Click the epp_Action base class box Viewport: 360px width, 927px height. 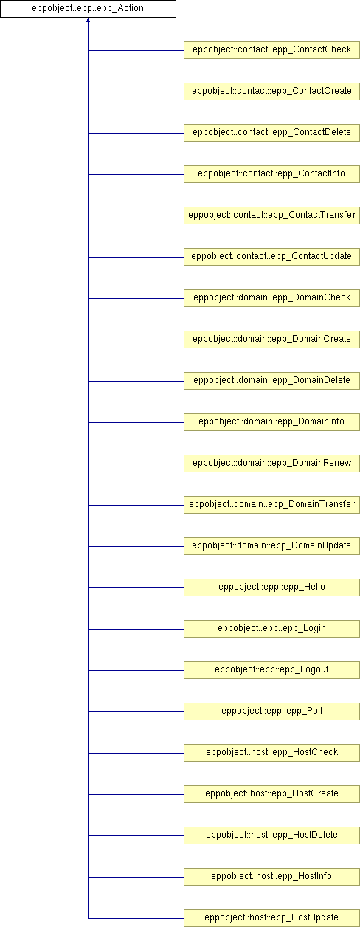click(x=88, y=9)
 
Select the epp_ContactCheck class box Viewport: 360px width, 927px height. click(x=272, y=50)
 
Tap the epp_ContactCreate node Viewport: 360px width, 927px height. click(x=272, y=92)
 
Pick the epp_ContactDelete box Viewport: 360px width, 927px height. click(x=272, y=133)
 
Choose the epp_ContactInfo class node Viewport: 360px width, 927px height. click(x=272, y=174)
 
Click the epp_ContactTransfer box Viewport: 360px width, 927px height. click(x=272, y=216)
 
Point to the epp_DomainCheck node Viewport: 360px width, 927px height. click(x=272, y=298)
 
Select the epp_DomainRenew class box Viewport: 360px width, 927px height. click(x=272, y=463)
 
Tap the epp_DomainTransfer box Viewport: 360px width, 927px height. click(x=272, y=505)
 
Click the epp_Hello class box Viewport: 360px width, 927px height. click(x=272, y=587)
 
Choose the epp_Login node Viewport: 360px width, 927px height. click(x=272, y=629)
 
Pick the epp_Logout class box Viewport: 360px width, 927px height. click(x=272, y=670)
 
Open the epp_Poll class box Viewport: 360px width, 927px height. click(x=272, y=711)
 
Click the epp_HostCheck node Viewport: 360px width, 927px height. click(x=272, y=753)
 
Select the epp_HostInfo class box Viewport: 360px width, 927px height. click(x=272, y=877)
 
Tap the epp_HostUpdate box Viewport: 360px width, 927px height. click(x=272, y=918)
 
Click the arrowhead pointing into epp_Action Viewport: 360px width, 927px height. click(x=88, y=20)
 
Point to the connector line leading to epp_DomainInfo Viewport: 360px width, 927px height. click(x=136, y=422)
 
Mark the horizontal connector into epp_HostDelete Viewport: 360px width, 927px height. click(x=136, y=835)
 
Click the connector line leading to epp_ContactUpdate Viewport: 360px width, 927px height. click(x=136, y=257)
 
